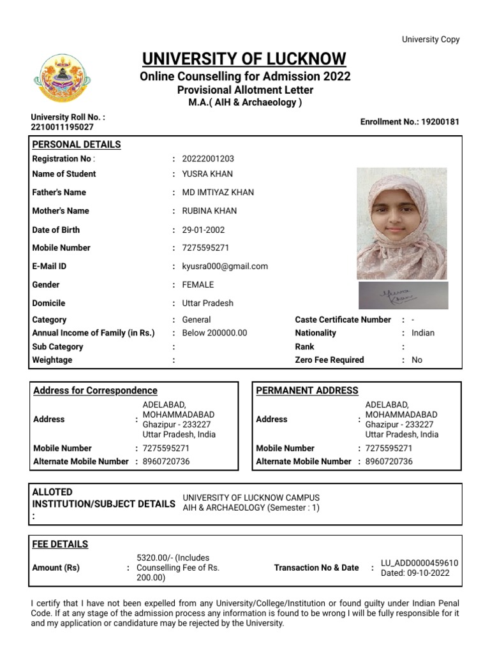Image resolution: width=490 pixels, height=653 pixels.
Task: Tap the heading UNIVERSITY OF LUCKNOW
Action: [x=244, y=59]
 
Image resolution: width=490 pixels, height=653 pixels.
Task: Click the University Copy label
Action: [x=430, y=40]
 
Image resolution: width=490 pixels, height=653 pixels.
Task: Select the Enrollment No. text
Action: [x=410, y=122]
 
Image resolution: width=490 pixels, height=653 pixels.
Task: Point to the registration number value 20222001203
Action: [x=204, y=159]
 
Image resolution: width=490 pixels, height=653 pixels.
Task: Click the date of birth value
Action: [x=204, y=230]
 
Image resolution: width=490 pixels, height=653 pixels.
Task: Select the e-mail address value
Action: [x=225, y=267]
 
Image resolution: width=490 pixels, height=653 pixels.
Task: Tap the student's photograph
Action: [x=401, y=223]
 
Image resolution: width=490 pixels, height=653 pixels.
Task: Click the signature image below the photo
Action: [x=402, y=295]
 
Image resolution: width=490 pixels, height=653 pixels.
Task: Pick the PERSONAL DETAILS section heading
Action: [x=77, y=144]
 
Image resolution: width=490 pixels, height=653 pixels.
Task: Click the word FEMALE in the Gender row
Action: [x=198, y=285]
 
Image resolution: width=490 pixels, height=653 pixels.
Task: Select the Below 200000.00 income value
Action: [x=214, y=333]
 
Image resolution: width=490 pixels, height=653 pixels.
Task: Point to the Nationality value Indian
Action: [x=423, y=333]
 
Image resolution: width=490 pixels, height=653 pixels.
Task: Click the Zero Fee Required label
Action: [x=329, y=360]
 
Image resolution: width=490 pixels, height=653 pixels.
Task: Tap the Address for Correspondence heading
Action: [x=95, y=390]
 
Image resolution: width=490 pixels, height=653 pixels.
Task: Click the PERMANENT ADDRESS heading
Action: [x=307, y=390]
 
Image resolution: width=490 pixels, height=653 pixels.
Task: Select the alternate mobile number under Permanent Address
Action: [x=389, y=462]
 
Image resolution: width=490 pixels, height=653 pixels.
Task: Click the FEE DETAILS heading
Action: [x=60, y=544]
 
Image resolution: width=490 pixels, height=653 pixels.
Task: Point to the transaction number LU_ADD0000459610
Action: [x=419, y=563]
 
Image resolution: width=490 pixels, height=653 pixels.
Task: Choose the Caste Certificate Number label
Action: [x=343, y=319]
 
